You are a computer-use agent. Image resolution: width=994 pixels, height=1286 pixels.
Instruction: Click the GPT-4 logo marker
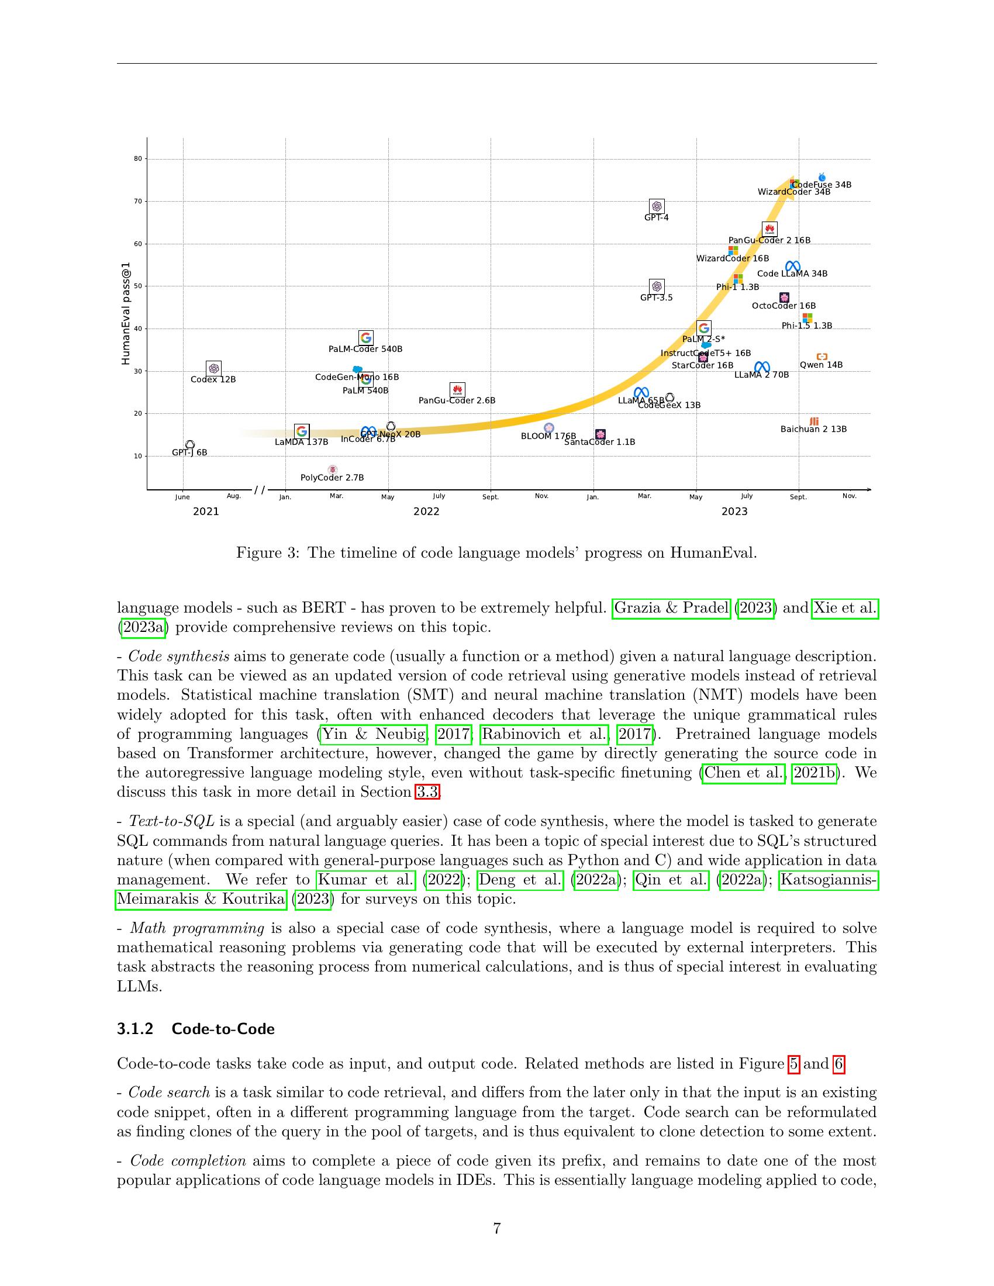(657, 206)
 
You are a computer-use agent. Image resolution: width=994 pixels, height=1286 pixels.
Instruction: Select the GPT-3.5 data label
(656, 298)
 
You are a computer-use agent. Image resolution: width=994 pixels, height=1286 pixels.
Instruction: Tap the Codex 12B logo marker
(214, 369)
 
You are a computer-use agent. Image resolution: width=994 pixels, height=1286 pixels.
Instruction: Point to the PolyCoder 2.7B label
(332, 478)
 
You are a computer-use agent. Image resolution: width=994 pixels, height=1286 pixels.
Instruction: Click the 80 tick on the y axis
(138, 158)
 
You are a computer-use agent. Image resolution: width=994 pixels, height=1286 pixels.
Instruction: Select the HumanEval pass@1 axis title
(126, 313)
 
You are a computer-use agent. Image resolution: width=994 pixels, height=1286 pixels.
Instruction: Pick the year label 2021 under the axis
(205, 511)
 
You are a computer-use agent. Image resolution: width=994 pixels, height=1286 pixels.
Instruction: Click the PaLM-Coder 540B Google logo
(365, 338)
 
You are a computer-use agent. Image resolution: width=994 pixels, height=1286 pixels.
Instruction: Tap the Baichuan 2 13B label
(813, 429)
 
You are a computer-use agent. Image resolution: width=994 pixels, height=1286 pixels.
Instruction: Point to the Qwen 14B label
(821, 365)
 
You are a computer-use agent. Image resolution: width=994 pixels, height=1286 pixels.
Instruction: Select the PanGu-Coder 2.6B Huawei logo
(457, 390)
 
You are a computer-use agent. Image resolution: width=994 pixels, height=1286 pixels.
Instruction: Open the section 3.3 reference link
(427, 792)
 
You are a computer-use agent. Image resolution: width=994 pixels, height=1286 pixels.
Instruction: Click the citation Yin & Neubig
(374, 734)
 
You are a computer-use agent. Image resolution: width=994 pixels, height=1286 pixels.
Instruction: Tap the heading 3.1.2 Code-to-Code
(195, 1029)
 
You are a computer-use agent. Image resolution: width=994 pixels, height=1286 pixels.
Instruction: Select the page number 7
(497, 1228)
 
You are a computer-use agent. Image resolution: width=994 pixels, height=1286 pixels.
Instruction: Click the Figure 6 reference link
(838, 1064)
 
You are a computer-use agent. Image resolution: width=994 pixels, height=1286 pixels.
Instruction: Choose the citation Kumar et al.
(366, 880)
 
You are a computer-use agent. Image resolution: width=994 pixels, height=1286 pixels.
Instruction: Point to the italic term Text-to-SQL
(171, 821)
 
